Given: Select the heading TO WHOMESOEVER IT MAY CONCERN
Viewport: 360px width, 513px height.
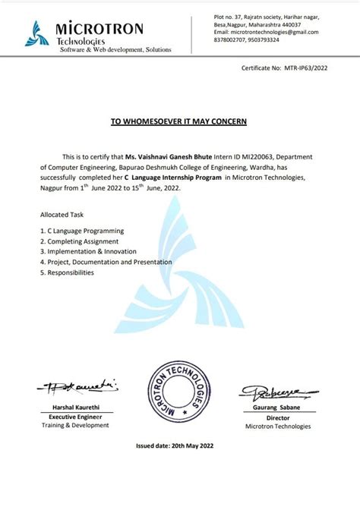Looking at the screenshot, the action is pos(179,121).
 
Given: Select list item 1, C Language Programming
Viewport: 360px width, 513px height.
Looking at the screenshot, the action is pos(82,230).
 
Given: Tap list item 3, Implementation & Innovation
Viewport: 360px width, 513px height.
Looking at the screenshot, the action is pos(89,251).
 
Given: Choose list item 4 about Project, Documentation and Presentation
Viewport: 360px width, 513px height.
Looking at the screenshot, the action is pos(106,262).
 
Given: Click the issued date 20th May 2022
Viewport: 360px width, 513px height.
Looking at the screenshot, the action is pos(179,446).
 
